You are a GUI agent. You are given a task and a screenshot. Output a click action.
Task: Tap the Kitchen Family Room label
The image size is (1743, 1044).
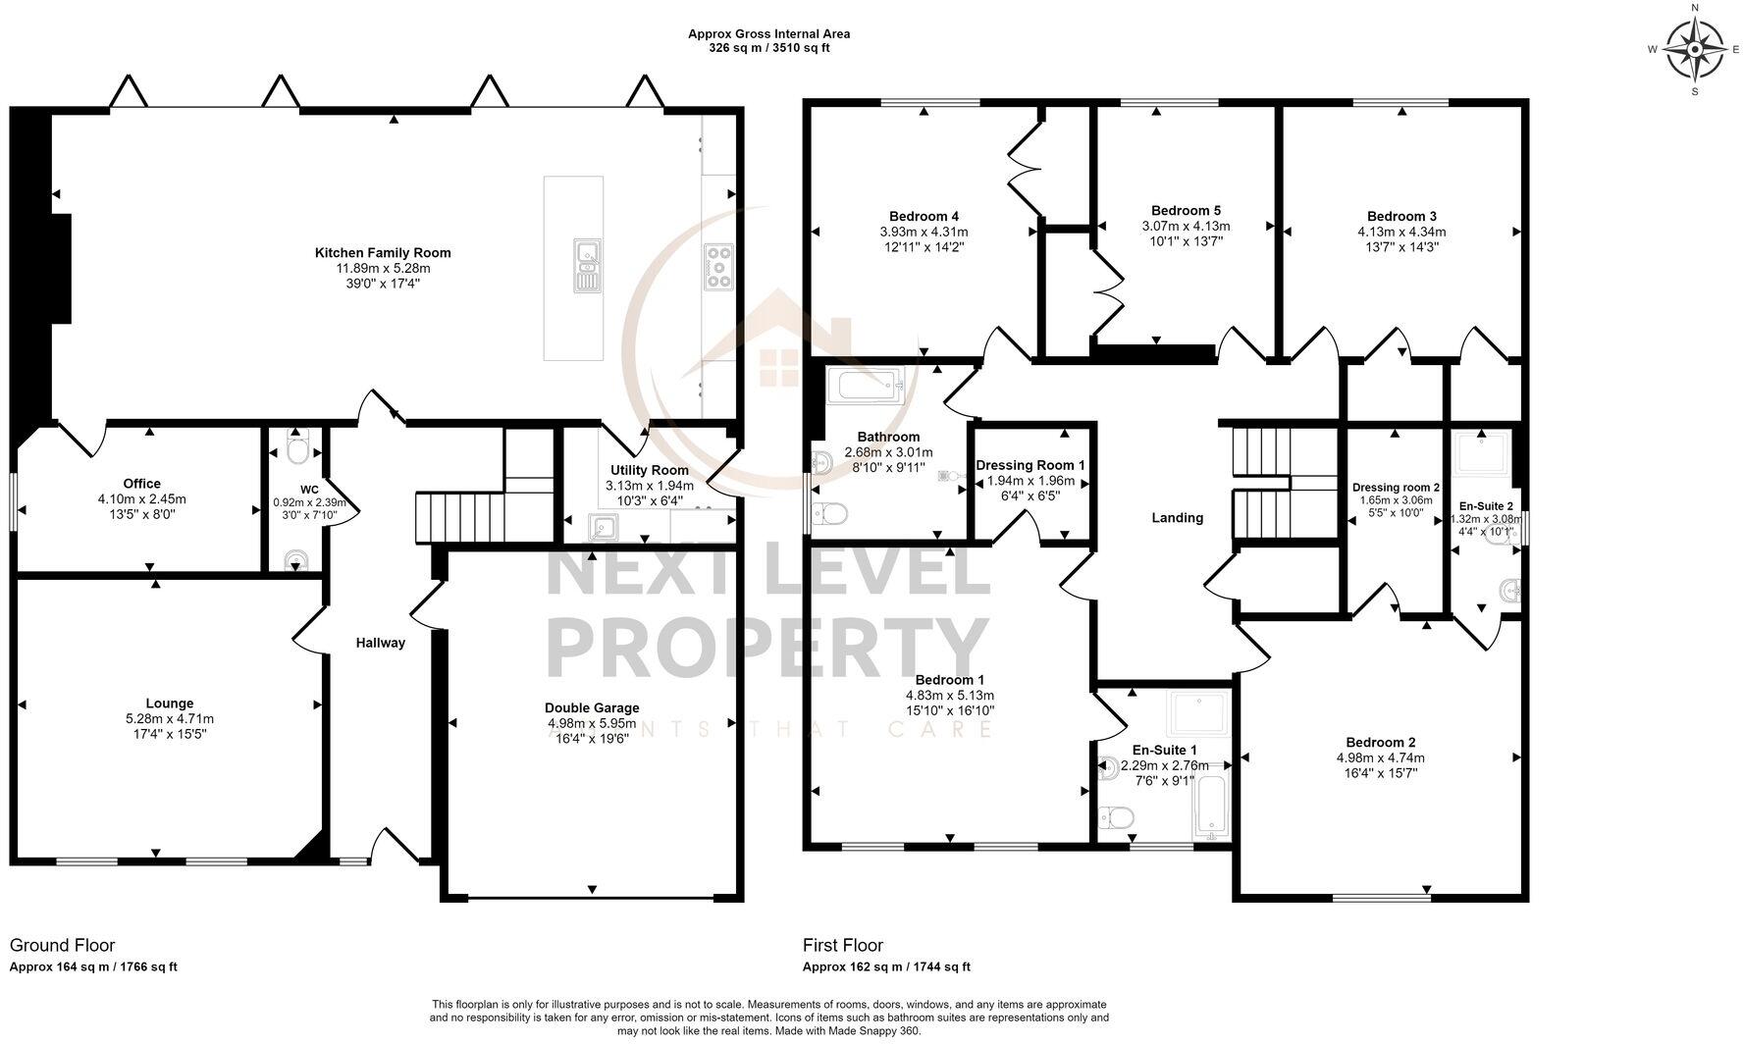click(x=383, y=253)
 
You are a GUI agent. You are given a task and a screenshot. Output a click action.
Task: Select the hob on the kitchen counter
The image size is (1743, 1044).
click(x=718, y=266)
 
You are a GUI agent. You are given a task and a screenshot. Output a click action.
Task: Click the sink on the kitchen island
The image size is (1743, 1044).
click(x=588, y=264)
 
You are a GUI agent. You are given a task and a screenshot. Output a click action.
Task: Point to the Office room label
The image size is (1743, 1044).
click(x=142, y=484)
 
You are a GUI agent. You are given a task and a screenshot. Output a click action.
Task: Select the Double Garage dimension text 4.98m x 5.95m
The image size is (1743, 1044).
click(x=592, y=723)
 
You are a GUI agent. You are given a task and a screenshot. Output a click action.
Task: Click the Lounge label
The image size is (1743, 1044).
click(x=170, y=703)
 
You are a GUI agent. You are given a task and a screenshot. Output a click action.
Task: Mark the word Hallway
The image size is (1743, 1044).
click(x=380, y=643)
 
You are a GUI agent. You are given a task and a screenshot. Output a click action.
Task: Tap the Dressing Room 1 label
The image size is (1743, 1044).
click(x=1030, y=465)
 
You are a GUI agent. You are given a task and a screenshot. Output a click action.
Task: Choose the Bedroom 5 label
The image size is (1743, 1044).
click(x=1186, y=210)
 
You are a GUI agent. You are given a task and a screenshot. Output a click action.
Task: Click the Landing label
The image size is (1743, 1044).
click(x=1177, y=517)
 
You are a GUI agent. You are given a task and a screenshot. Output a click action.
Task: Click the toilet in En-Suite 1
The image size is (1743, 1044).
click(x=1117, y=816)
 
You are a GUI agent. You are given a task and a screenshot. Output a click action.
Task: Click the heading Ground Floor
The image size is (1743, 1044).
click(x=62, y=945)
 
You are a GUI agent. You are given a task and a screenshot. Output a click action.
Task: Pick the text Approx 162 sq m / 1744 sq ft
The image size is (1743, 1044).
click(x=886, y=966)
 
